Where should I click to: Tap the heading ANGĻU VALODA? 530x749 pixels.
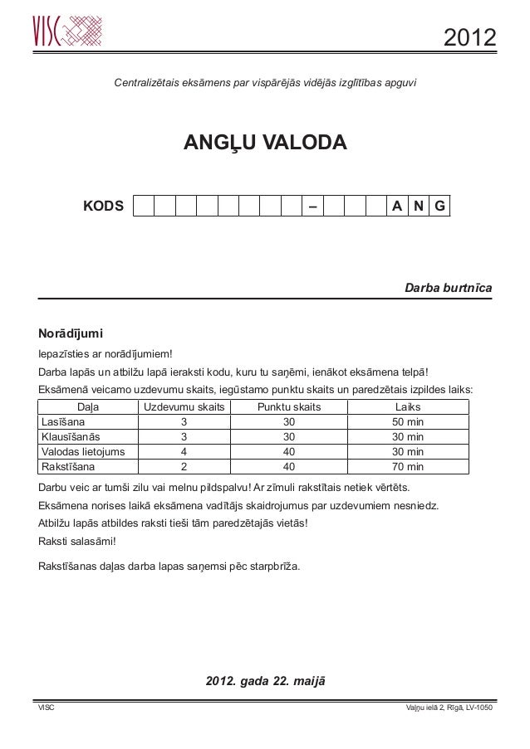(x=264, y=143)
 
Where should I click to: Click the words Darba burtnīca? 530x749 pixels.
(x=448, y=288)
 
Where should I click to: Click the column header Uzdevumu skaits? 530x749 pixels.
(x=184, y=407)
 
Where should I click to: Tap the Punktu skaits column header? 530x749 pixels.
(x=289, y=407)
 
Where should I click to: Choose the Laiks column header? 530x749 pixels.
(x=407, y=407)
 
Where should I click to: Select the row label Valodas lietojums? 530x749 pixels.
(x=83, y=452)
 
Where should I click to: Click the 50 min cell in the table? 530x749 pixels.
(x=407, y=422)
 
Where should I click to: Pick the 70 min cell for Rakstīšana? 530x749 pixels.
(x=407, y=467)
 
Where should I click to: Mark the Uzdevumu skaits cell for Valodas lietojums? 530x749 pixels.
(x=184, y=452)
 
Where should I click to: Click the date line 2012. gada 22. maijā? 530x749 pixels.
(x=265, y=681)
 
